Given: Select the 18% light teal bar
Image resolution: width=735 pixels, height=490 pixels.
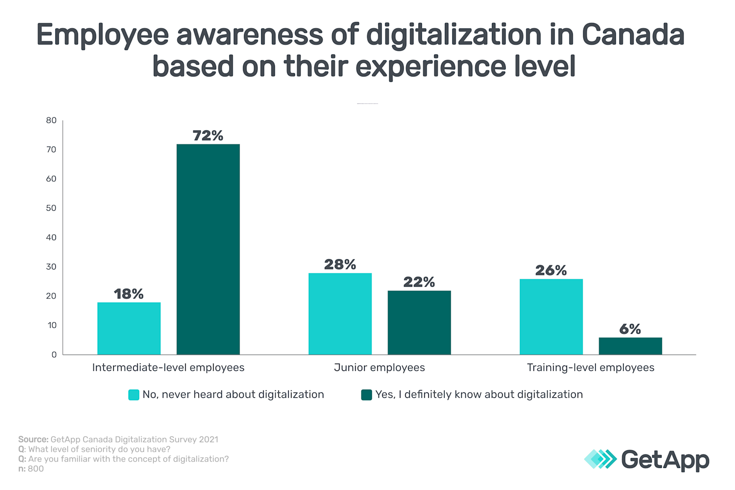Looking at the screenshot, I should (x=129, y=328).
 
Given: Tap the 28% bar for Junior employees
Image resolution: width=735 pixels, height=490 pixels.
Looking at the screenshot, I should (x=340, y=314).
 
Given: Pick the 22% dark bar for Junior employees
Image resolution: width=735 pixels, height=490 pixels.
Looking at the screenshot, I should (x=419, y=322).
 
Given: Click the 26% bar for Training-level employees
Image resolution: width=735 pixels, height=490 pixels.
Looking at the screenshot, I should (x=551, y=317).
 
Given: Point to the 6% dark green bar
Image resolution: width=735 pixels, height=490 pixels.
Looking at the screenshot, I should (x=630, y=346).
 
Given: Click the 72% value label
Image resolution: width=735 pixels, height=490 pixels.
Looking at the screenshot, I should (x=208, y=136).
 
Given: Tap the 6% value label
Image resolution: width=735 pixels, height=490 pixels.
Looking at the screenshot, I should (x=630, y=329).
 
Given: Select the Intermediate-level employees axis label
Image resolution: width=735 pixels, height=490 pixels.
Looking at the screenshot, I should (x=168, y=367).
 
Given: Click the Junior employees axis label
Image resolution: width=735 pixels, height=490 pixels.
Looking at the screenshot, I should (x=379, y=367).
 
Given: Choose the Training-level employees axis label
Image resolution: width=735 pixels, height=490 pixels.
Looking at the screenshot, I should (x=590, y=367).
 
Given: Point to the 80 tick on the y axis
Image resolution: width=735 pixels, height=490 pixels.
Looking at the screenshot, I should (x=51, y=121).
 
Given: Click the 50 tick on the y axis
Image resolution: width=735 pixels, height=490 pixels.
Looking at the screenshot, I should (x=51, y=208).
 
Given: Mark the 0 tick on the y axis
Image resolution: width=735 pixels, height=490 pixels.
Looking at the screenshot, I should (x=54, y=355).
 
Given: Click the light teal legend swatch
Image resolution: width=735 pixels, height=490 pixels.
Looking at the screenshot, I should (x=134, y=395).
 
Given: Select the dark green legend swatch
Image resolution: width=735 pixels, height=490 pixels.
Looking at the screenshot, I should (x=367, y=395).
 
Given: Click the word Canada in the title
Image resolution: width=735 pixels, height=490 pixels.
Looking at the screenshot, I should (x=633, y=35).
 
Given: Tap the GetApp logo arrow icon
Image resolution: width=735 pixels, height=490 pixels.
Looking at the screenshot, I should (x=600, y=459).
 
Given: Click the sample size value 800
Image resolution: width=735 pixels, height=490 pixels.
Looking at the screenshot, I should (x=36, y=469).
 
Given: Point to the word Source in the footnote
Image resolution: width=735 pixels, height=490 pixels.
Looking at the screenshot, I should (x=33, y=440).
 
